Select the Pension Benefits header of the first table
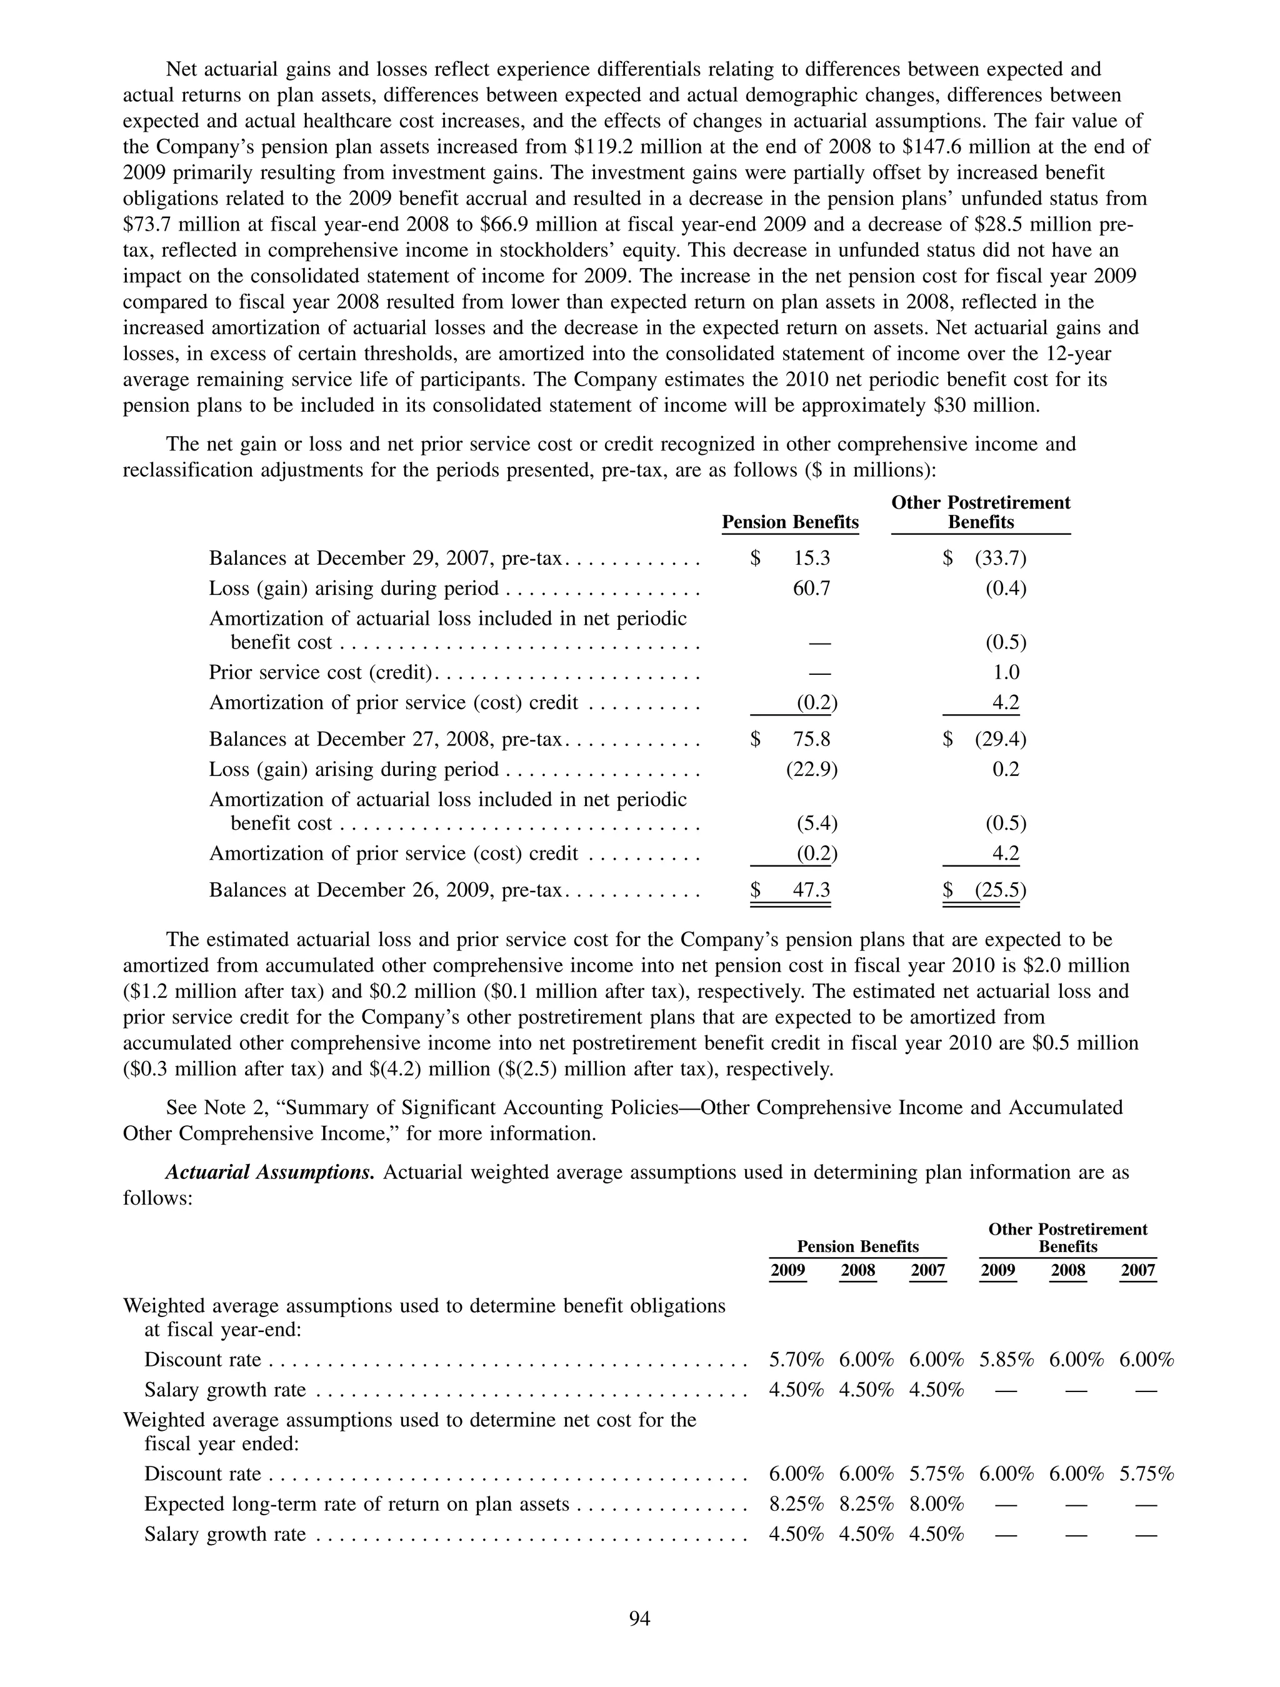(789, 522)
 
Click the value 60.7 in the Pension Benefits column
(812, 589)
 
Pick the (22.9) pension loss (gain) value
(812, 770)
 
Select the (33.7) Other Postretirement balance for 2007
(1000, 558)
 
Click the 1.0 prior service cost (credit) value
(1006, 673)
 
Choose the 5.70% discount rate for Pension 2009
(796, 1360)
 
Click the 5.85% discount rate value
(1006, 1360)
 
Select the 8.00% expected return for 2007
(936, 1504)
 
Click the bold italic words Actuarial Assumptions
(270, 1172)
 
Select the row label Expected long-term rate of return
(356, 1504)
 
